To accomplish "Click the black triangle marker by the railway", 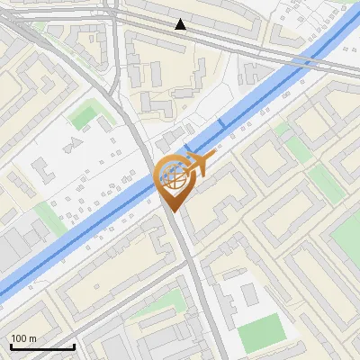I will tap(182, 25).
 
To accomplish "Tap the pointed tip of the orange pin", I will tap(173, 209).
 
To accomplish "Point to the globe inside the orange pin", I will tap(173, 176).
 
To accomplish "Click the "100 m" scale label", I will tap(24, 338).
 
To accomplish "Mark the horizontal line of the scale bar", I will tap(42, 346).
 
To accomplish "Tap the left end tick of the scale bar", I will tap(11, 344).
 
